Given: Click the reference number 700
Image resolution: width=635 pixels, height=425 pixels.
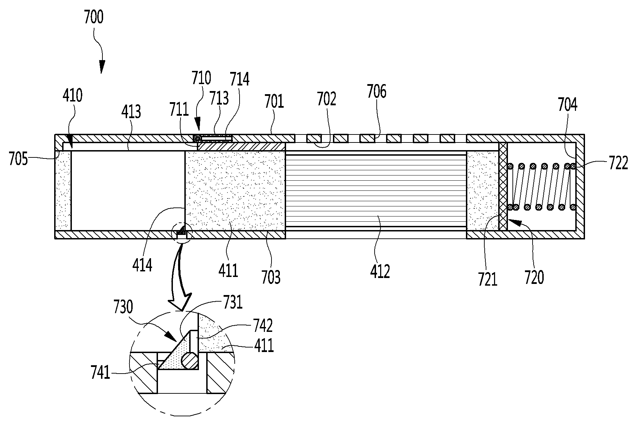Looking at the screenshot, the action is pos(93,18).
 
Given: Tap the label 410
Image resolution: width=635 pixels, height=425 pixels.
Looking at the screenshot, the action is pos(73,96).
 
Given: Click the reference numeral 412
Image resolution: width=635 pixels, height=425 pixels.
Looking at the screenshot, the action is pos(380,271).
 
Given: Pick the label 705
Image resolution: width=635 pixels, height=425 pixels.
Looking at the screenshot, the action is pos(18,160).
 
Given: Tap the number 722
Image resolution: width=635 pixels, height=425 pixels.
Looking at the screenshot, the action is pos(618,163).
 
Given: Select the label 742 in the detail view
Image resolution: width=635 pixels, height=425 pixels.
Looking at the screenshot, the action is pos(263,326).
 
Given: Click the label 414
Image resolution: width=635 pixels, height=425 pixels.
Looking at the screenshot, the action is pos(142,265).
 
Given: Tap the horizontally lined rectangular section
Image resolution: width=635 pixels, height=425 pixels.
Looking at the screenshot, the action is pos(376,190).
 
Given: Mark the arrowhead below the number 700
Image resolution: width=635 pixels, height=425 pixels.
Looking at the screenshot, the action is pos(101,67).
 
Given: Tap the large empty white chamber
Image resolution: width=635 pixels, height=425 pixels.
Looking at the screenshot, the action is pos(128,190).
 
